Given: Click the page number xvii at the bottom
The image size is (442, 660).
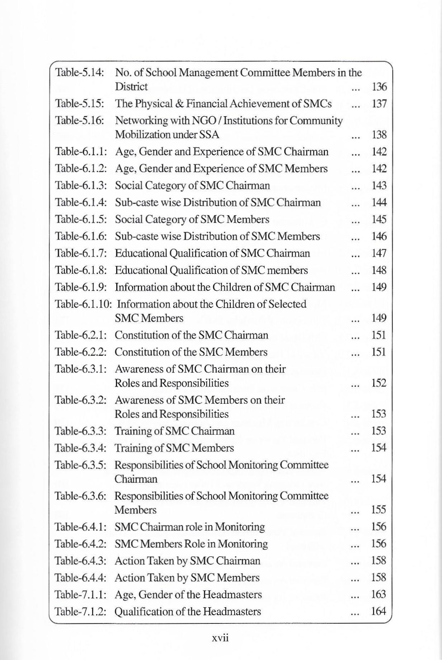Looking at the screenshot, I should [x=220, y=638].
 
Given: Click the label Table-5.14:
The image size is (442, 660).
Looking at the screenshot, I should [x=79, y=73].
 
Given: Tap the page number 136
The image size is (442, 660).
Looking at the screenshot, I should [x=379, y=87].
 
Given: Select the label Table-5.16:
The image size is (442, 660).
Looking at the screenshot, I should [x=79, y=121].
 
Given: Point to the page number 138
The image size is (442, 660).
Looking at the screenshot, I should [x=379, y=135].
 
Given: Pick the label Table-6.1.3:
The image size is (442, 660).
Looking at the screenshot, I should [x=81, y=186].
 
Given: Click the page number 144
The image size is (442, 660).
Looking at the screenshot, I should [x=379, y=203].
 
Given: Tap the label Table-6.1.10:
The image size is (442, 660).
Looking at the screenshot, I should [x=84, y=304].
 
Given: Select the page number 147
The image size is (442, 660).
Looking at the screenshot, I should [x=379, y=253].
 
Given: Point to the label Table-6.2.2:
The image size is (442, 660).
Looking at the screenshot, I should [x=81, y=352].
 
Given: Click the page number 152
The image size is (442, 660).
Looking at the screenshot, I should [x=379, y=383].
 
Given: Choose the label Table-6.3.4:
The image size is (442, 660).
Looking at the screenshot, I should [x=81, y=448].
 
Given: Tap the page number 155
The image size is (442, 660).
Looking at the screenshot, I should [x=379, y=510].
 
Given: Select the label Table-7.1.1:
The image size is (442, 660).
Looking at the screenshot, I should [x=81, y=595].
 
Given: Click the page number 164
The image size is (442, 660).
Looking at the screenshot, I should [x=379, y=612].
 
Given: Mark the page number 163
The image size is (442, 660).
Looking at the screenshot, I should [x=379, y=595].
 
